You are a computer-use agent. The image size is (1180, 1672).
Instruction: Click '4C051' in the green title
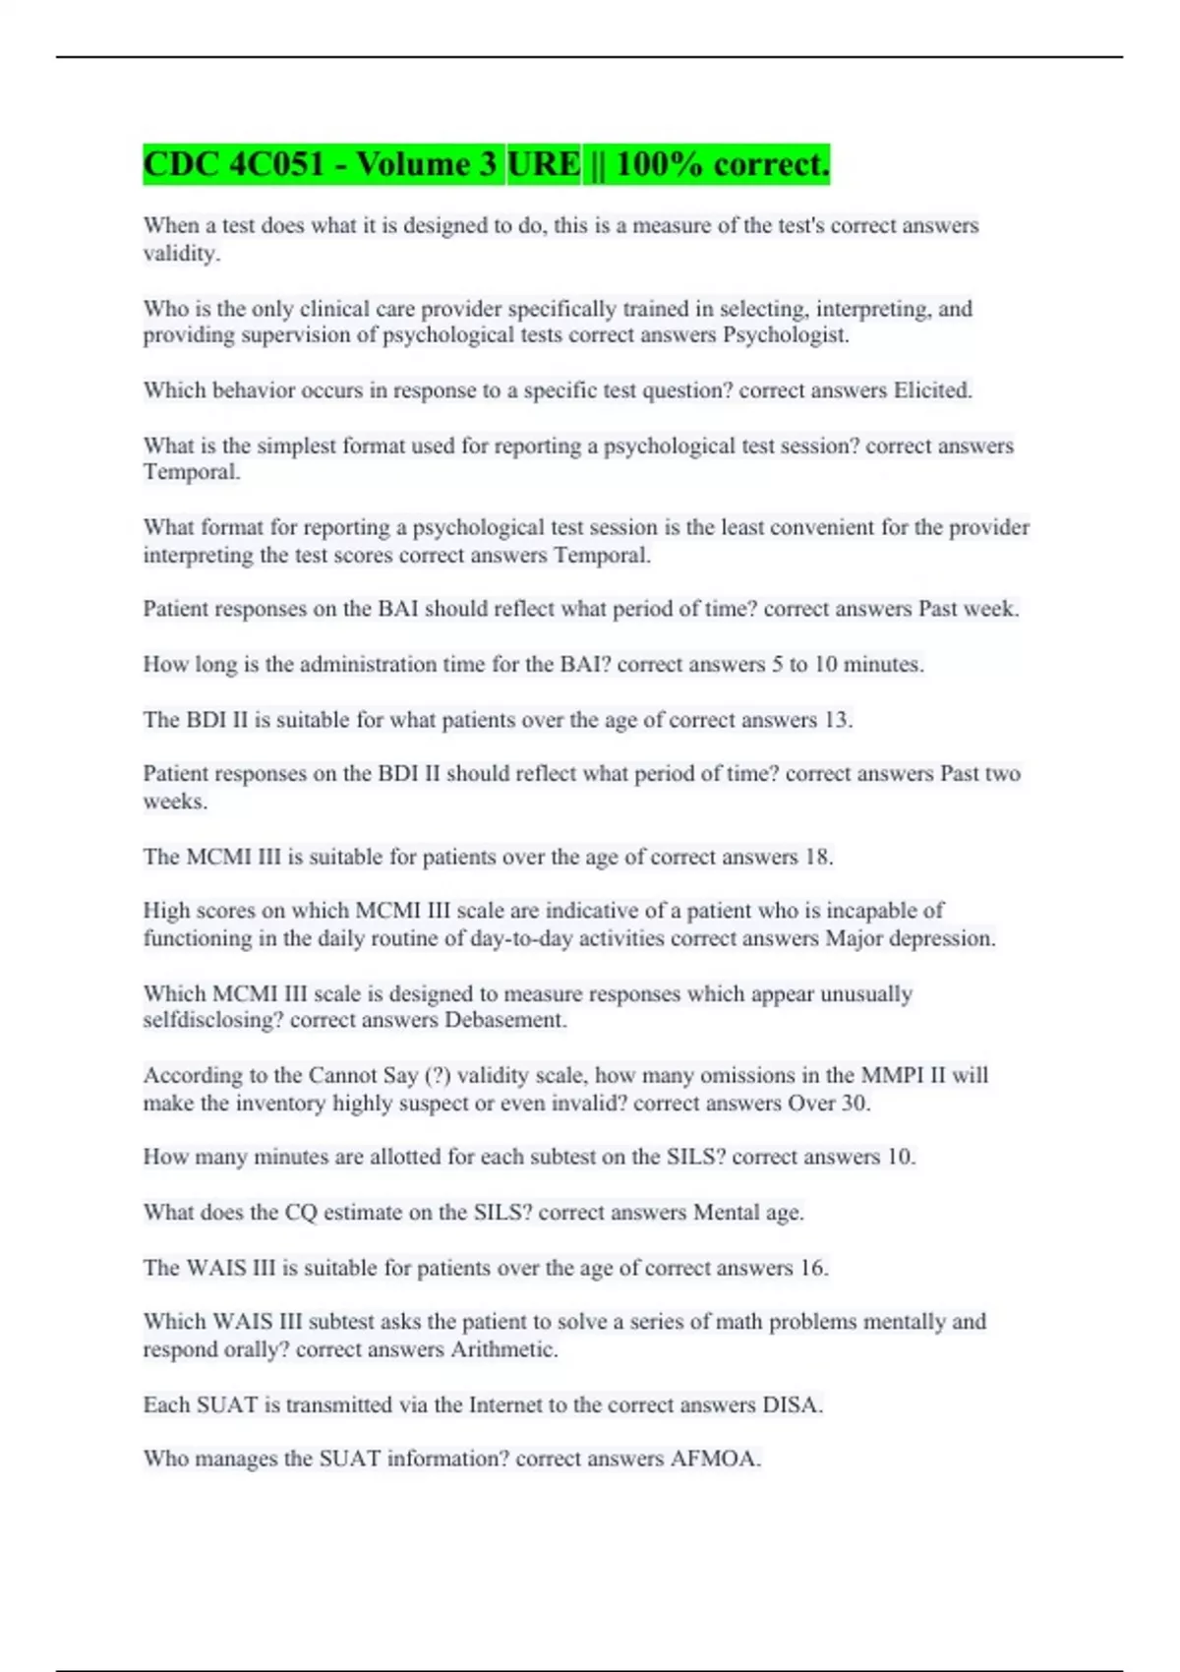(x=276, y=164)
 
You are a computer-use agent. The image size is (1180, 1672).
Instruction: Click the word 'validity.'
(x=182, y=254)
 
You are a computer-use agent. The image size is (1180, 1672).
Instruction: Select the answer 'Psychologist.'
(x=786, y=335)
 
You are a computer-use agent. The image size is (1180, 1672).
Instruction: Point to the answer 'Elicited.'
(x=932, y=390)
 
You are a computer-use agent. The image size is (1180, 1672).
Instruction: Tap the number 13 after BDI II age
(x=837, y=720)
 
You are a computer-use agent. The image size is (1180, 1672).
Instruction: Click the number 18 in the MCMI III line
(x=817, y=857)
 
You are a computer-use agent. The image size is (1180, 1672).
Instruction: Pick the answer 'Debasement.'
(x=505, y=1020)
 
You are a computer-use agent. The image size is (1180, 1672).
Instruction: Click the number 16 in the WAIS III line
(x=812, y=1268)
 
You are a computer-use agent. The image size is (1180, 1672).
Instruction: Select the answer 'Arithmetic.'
(x=503, y=1349)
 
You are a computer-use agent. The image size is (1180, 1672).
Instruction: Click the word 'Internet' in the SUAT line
(x=508, y=1404)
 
